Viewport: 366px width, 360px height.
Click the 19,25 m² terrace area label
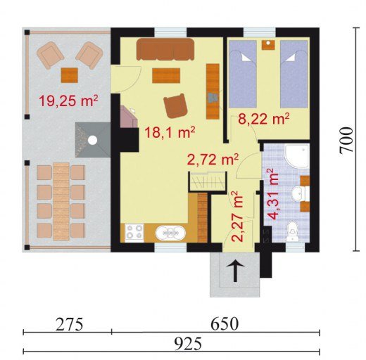[68, 101]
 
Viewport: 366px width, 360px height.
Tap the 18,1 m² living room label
[170, 132]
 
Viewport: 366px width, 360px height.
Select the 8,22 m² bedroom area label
[263, 119]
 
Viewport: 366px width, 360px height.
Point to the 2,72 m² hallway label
[213, 160]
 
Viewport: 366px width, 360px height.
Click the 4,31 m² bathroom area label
[273, 194]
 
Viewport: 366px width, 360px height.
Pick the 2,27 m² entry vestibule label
[237, 217]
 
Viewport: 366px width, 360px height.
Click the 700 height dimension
[346, 140]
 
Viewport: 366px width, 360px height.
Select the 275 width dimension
[70, 324]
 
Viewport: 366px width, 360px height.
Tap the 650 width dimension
[225, 324]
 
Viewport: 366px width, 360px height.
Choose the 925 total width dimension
[189, 344]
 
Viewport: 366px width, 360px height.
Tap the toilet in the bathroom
[292, 231]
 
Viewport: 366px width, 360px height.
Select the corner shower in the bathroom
[296, 155]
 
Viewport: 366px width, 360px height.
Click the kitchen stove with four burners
[134, 233]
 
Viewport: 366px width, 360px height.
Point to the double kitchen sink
[170, 233]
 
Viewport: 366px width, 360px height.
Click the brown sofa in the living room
[165, 49]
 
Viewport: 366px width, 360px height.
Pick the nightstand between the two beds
[268, 45]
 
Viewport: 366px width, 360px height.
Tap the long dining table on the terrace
[61, 201]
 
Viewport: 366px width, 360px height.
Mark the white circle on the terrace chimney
[92, 140]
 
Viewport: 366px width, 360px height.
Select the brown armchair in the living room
[175, 106]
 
